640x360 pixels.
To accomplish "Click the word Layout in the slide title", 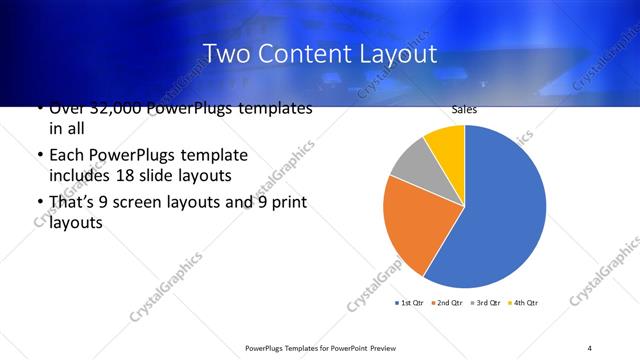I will [400, 52].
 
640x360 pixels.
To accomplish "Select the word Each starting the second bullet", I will [66, 156].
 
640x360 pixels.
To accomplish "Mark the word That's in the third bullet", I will [74, 203].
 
